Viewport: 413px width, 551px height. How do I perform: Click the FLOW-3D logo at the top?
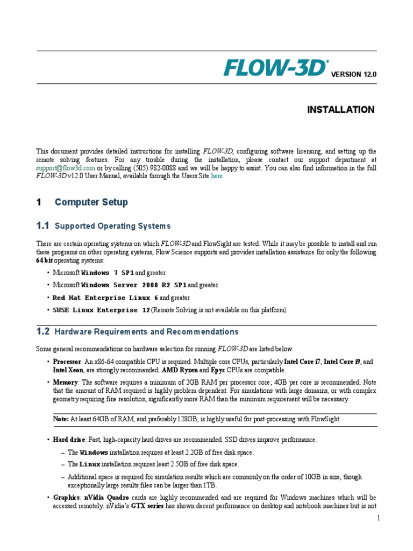[276, 68]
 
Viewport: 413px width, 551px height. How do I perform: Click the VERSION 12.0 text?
[353, 75]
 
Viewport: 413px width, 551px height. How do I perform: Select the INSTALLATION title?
[340, 110]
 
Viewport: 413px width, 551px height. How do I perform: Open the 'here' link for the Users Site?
[216, 176]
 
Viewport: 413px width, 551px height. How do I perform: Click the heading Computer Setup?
[91, 202]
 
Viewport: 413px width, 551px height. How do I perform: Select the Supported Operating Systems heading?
[113, 226]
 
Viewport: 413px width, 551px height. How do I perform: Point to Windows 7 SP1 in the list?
[107, 273]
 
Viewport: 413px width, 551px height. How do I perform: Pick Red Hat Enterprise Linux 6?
[105, 298]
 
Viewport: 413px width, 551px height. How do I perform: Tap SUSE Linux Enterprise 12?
[101, 310]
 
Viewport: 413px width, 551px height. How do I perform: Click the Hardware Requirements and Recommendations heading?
[146, 332]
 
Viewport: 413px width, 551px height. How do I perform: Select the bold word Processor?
[67, 361]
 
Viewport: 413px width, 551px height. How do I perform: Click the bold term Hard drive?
[69, 440]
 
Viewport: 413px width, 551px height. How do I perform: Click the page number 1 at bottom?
[379, 518]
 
